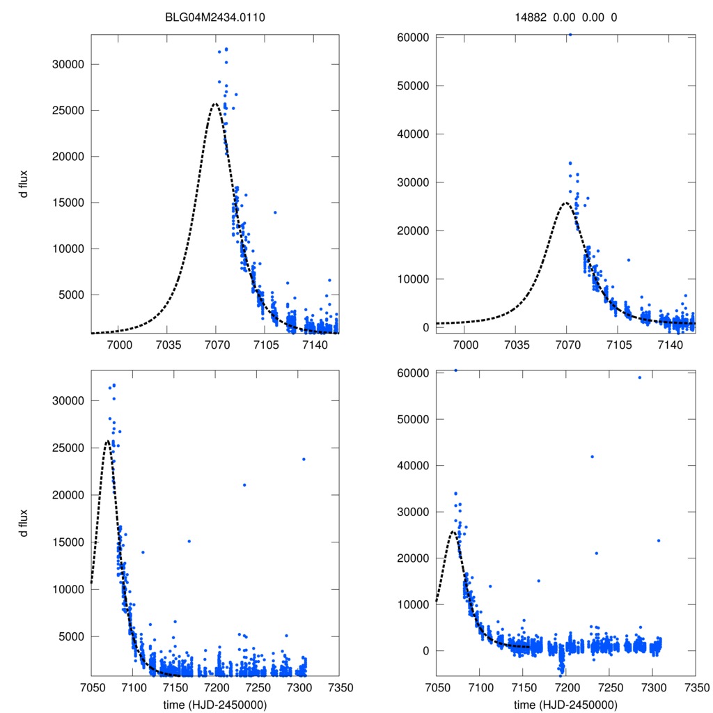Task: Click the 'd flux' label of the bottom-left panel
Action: click(x=24, y=522)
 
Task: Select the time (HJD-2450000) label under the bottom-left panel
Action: click(x=215, y=704)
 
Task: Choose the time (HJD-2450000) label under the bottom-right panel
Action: click(x=565, y=704)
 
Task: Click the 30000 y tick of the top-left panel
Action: click(x=68, y=64)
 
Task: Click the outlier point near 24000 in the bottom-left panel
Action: click(x=304, y=459)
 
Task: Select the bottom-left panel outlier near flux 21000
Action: click(x=244, y=485)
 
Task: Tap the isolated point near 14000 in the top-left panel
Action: click(x=275, y=212)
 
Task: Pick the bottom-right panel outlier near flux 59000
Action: click(x=639, y=377)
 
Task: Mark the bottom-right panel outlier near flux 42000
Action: click(x=592, y=457)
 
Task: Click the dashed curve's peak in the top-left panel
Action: click(x=215, y=104)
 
